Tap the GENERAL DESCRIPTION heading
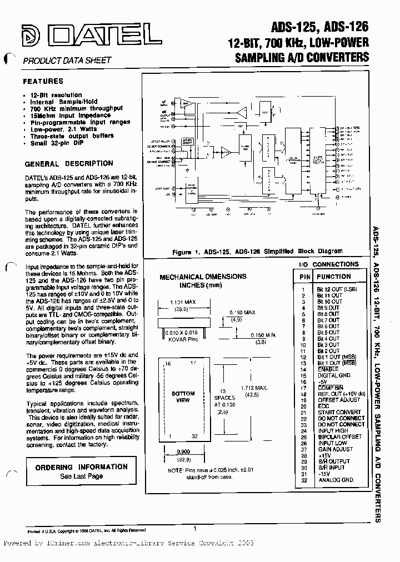click(x=69, y=164)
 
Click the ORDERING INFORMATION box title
click(x=81, y=467)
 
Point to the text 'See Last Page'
click(x=81, y=476)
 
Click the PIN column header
click(x=305, y=277)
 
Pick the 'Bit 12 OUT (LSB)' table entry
click(x=338, y=289)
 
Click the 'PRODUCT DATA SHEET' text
click(x=67, y=60)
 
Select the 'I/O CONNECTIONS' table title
click(x=329, y=264)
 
